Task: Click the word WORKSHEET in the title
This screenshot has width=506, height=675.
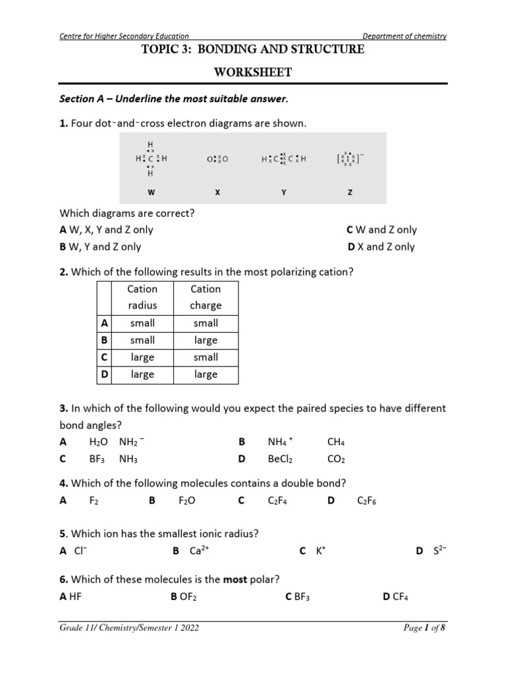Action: [x=253, y=73]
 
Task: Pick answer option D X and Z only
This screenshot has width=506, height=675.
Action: [x=381, y=247]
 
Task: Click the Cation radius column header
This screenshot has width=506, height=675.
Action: [x=142, y=297]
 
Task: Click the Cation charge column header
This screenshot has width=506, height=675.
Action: [x=206, y=297]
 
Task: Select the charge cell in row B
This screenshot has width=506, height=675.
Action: [x=206, y=340]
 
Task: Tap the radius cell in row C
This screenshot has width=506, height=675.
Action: [x=142, y=357]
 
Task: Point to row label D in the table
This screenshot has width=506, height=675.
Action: [x=104, y=374]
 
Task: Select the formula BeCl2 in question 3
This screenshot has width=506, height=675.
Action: [x=281, y=459]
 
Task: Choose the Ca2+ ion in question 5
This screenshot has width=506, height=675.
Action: [x=200, y=551]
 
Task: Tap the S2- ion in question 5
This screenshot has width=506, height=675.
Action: [x=440, y=551]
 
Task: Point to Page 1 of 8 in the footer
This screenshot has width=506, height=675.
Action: [x=424, y=628]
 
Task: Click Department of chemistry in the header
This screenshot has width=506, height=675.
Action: [x=405, y=36]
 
